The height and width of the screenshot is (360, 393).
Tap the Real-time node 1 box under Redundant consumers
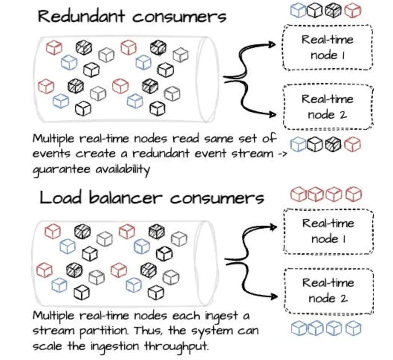click(327, 47)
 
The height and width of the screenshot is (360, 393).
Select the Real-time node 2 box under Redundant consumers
click(327, 107)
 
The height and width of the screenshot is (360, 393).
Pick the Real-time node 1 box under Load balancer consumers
click(328, 231)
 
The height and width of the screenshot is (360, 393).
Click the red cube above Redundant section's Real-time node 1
click(353, 11)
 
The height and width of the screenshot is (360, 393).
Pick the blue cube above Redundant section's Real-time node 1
click(297, 11)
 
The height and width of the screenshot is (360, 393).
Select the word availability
click(122, 170)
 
